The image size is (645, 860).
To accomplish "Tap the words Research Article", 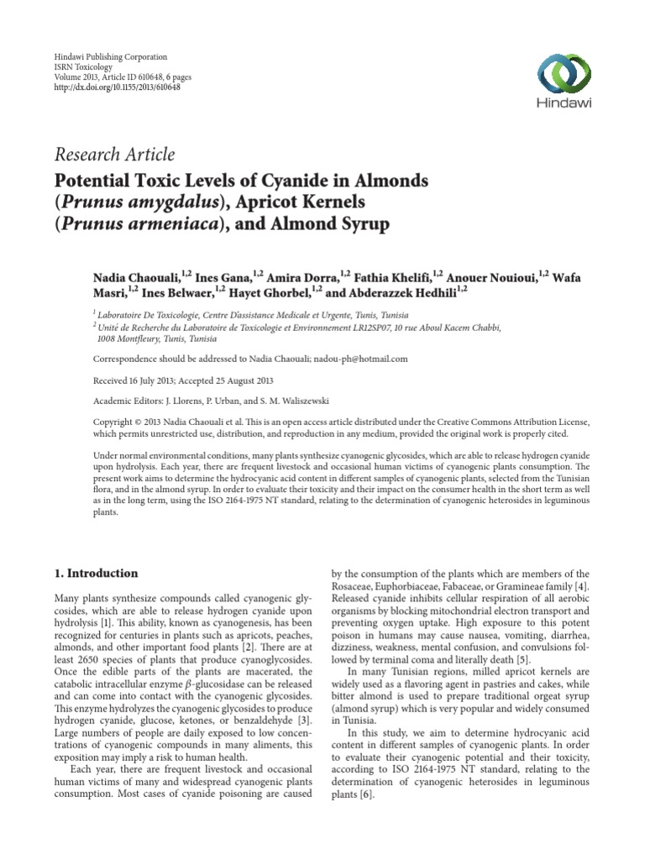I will (x=114, y=155).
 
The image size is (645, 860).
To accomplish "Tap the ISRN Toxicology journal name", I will (x=82, y=66).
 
